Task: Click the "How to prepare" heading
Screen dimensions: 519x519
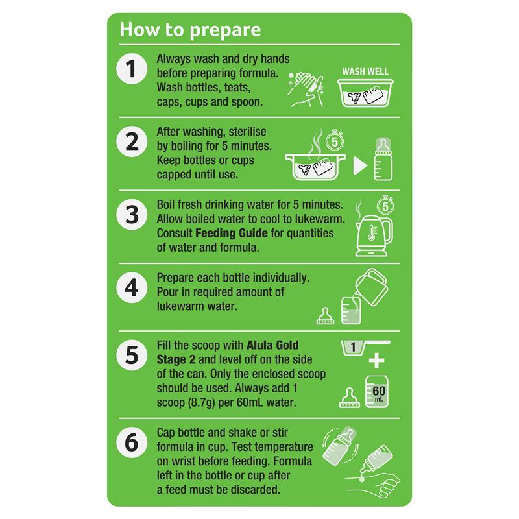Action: (190, 30)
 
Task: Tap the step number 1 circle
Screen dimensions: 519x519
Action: (132, 69)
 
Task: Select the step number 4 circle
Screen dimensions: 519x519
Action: (132, 287)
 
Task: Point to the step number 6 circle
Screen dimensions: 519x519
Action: (132, 442)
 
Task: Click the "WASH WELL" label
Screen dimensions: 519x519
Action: (365, 72)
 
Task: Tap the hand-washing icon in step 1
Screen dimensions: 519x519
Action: (306, 89)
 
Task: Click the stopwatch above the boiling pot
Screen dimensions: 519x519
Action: (335, 140)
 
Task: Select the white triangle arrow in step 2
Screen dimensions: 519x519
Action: (360, 165)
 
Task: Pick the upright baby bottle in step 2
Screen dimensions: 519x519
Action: (383, 159)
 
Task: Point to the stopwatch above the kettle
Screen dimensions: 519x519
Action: (385, 205)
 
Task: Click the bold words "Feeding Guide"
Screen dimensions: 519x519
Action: (232, 234)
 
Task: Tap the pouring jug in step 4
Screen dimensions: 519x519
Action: (371, 286)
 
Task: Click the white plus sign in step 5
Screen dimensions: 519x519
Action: (377, 361)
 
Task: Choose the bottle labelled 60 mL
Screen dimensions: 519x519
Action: (377, 392)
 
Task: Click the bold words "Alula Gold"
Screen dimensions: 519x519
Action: (272, 345)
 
